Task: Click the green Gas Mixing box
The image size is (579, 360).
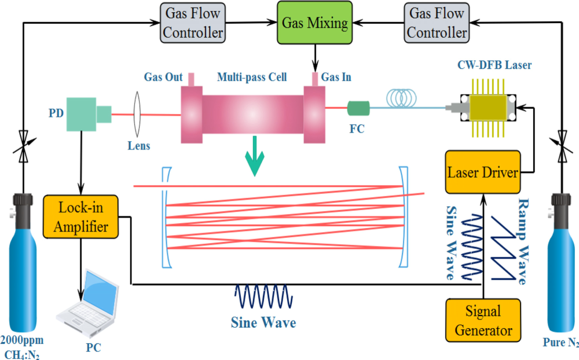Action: point(314,23)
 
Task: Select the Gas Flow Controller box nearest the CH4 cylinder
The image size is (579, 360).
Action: point(193,23)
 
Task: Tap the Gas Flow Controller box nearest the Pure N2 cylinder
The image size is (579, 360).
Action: point(437,23)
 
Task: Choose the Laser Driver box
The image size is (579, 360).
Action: point(483,172)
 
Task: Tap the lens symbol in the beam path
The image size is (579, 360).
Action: point(138,115)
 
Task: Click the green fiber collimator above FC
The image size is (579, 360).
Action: point(358,108)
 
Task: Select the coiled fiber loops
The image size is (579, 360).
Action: point(405,97)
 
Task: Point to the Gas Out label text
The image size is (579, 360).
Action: point(163,78)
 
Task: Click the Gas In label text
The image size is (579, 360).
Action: point(336,78)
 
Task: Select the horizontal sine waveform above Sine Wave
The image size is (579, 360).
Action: point(264,296)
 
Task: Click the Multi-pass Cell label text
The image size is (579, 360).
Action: point(251,78)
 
